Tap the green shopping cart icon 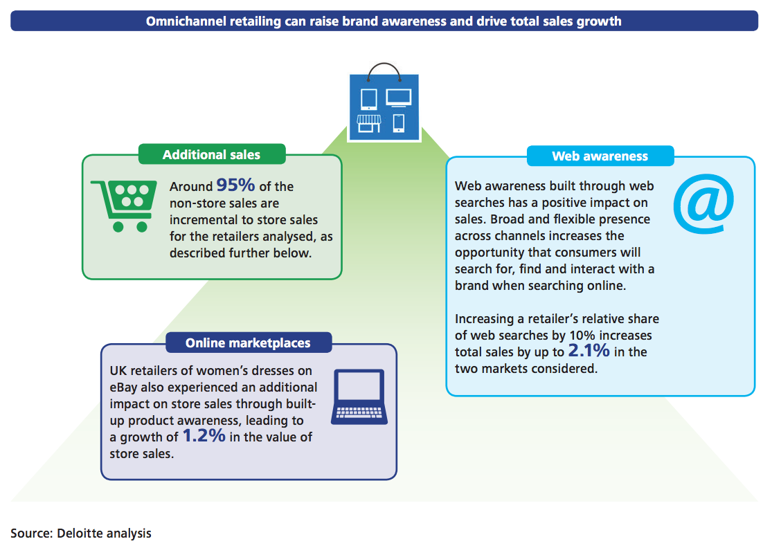pyautogui.click(x=125, y=204)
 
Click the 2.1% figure pyautogui.click(x=589, y=351)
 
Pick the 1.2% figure pyautogui.click(x=204, y=436)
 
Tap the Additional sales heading pyautogui.click(x=211, y=154)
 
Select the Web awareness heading pyautogui.click(x=600, y=156)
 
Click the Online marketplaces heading pyautogui.click(x=248, y=343)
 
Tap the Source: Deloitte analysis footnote pyautogui.click(x=81, y=533)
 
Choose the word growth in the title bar pyautogui.click(x=601, y=21)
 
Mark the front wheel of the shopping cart pyautogui.click(x=142, y=226)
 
